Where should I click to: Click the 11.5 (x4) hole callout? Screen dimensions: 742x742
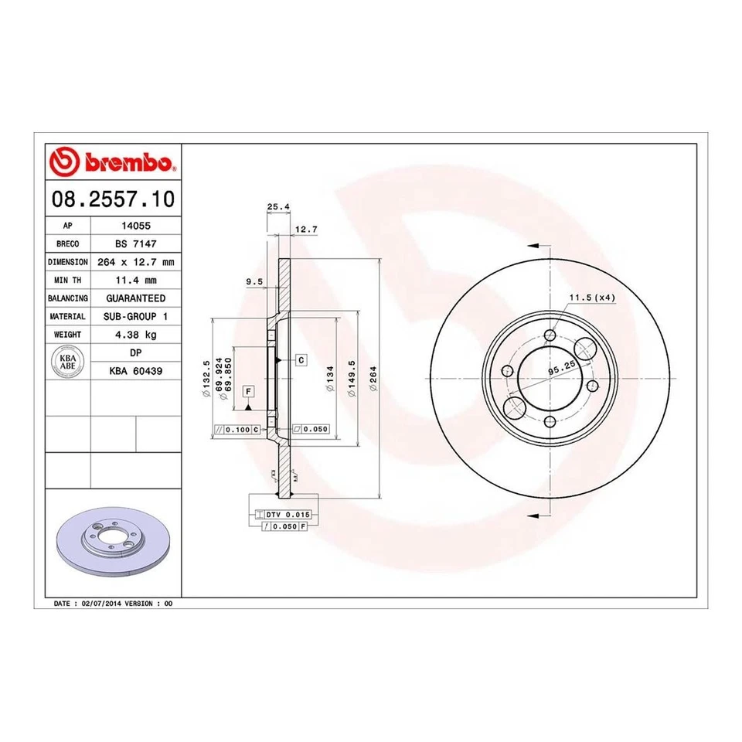[x=592, y=298]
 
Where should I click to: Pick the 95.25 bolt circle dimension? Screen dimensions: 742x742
[x=563, y=369]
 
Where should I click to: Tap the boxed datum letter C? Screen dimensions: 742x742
[x=301, y=359]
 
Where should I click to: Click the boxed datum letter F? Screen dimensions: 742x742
[x=248, y=391]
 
